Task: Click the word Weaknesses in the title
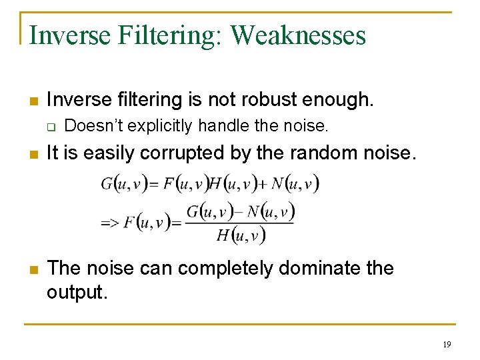click(x=298, y=35)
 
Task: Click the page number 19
click(x=446, y=344)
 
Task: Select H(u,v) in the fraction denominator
click(x=240, y=235)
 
